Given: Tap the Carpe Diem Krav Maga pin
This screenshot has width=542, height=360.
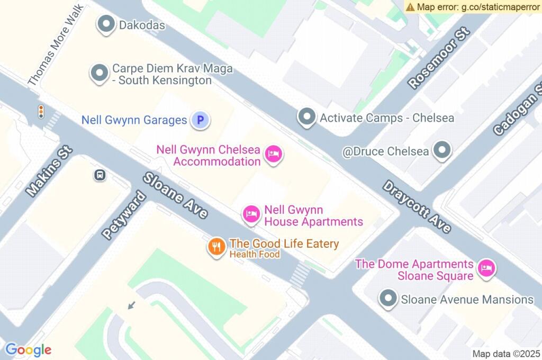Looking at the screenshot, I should tap(99, 74).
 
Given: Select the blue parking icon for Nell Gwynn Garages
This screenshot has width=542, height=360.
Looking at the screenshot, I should tap(200, 120).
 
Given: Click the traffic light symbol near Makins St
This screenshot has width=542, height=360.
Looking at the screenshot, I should tap(41, 111).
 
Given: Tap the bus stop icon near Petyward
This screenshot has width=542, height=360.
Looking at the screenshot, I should tap(100, 175).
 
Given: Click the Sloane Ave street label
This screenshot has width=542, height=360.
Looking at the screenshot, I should tap(175, 195).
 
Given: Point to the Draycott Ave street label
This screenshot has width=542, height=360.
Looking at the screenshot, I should tap(417, 206).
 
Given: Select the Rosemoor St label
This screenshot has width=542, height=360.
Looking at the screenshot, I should tap(439, 58).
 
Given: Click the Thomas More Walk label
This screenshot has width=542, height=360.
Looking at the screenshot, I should tap(56, 45).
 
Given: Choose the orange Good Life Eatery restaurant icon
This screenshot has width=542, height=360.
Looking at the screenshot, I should tap(216, 247).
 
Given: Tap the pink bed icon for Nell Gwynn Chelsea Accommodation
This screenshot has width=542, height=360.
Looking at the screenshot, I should tap(273, 154).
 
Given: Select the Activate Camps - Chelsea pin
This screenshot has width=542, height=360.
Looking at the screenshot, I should tap(306, 117).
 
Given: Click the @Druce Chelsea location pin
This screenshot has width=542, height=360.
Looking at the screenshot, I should tap(441, 151).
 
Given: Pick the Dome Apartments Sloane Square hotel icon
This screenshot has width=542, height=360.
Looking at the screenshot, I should tap(485, 268).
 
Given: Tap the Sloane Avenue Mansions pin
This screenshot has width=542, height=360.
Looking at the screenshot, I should tap(389, 299).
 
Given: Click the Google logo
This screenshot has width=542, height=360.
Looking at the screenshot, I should tap(29, 350).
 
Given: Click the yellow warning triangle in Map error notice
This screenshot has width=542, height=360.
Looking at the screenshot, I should tap(411, 7).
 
